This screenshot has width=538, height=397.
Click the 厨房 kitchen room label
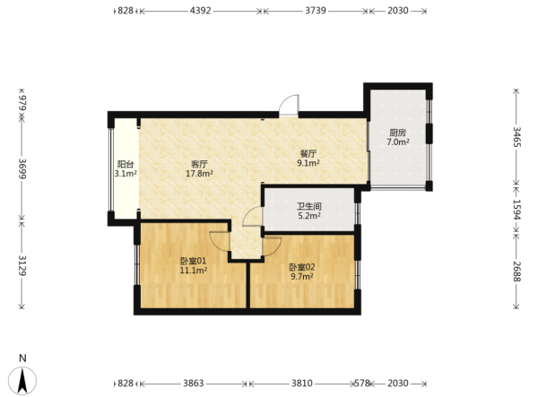[x=397, y=133]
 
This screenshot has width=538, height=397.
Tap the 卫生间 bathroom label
[x=309, y=206]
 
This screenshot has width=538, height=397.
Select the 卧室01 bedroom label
[x=194, y=262]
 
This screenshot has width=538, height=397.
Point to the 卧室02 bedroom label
[x=302, y=267]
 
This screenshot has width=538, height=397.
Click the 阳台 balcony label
[x=126, y=164]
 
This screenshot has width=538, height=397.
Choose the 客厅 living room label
[x=199, y=164]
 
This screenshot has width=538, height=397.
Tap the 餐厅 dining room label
[x=308, y=154]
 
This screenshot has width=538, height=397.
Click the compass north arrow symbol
[x=22, y=380]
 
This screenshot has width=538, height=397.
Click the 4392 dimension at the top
[x=200, y=11]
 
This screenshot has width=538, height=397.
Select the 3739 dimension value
[x=316, y=11]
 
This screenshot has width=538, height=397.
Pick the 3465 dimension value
[x=516, y=137]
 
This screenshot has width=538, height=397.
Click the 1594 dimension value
[x=516, y=210]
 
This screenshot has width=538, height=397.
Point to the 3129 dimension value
[x=22, y=265]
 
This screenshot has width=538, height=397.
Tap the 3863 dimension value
[x=193, y=383]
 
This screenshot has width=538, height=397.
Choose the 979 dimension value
[x=22, y=103]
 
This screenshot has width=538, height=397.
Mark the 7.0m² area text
[x=398, y=142]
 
